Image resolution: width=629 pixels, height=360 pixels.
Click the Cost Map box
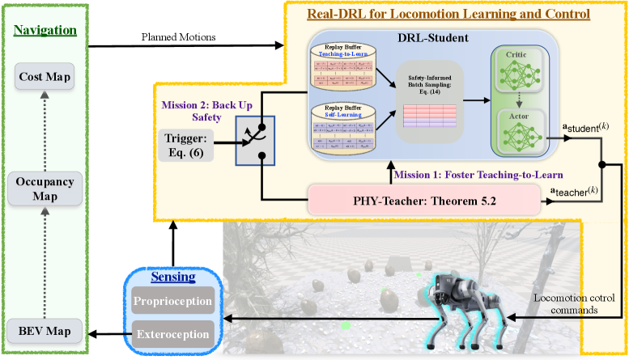(x=45, y=78)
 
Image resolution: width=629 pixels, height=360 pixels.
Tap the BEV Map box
(x=45, y=330)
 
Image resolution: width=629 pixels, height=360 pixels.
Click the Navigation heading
(x=45, y=31)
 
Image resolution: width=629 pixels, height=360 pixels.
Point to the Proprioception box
(x=174, y=303)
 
